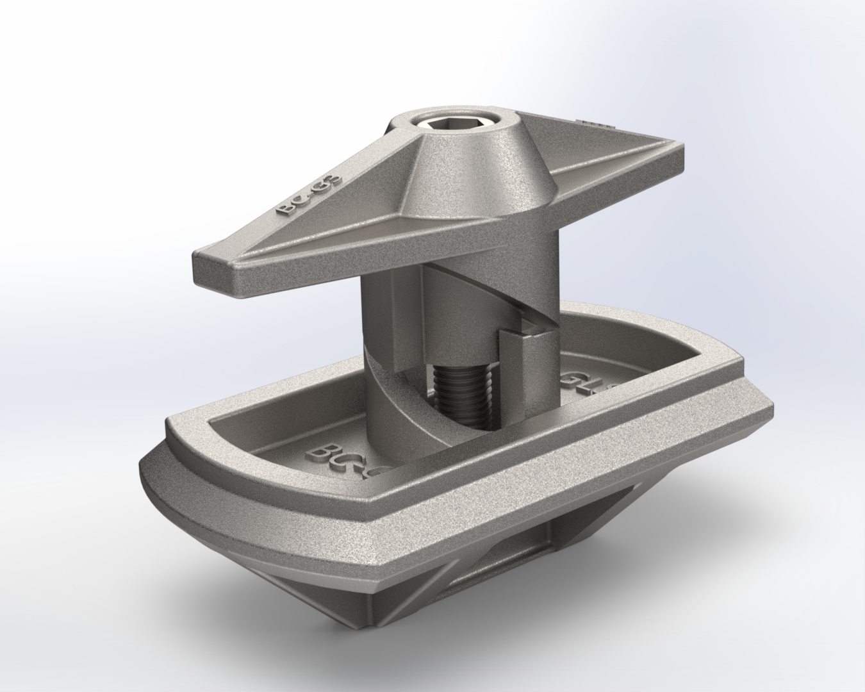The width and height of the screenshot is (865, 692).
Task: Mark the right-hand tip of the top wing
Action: point(679,157)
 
